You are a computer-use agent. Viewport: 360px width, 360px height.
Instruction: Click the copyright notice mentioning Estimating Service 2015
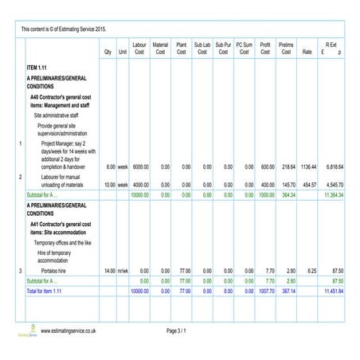click(64, 28)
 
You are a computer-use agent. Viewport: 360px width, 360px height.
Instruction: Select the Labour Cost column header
click(139, 49)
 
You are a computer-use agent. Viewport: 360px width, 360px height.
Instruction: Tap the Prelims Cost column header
click(286, 49)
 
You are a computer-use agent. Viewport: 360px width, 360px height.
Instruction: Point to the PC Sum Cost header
click(245, 49)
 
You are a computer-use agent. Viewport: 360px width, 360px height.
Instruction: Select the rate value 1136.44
click(309, 167)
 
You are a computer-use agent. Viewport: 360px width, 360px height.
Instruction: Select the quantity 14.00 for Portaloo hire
click(104, 271)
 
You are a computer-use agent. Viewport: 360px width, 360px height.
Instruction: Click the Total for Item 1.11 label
click(45, 292)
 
